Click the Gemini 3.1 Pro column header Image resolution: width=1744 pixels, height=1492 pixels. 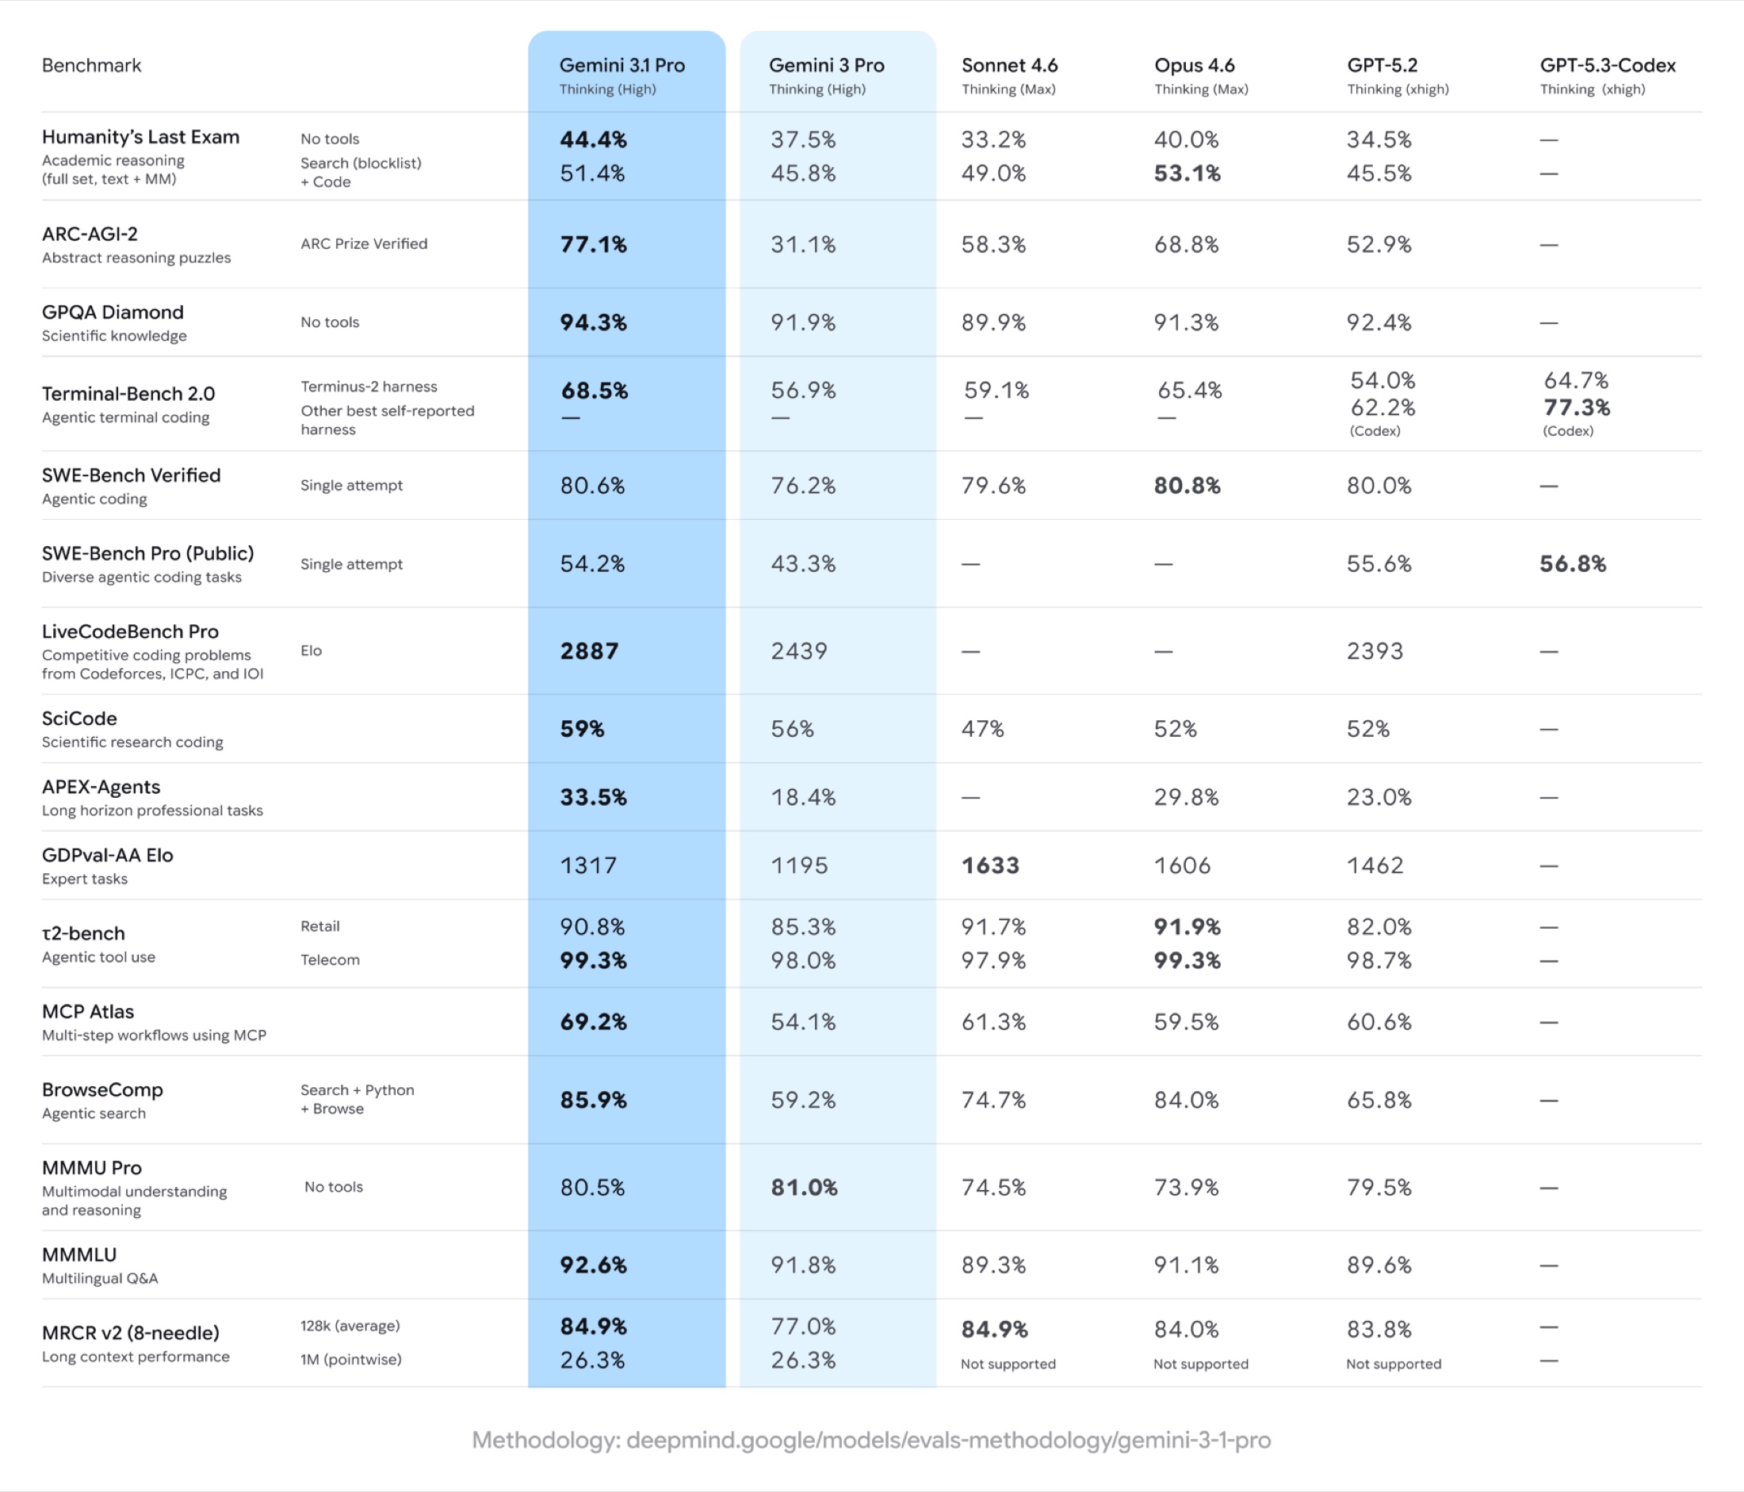click(x=622, y=66)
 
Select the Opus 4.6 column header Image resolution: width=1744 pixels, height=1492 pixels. click(x=1194, y=66)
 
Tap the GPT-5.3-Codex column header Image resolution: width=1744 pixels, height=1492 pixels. click(x=1607, y=66)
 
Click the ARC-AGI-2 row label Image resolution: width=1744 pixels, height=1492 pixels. click(x=90, y=234)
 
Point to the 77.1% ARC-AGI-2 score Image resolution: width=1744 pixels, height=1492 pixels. click(x=594, y=245)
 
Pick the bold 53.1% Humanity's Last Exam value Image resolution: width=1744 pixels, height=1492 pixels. click(x=1187, y=174)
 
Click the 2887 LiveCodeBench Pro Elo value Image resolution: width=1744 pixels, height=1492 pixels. click(x=589, y=651)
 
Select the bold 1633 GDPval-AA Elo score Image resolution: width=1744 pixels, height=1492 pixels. click(x=990, y=865)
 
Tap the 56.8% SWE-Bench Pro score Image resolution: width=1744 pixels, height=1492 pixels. click(x=1572, y=564)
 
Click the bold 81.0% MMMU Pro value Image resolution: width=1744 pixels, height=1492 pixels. click(x=804, y=1188)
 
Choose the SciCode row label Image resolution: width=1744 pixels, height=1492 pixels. click(x=79, y=719)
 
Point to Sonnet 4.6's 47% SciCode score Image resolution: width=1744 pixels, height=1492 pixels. click(x=982, y=729)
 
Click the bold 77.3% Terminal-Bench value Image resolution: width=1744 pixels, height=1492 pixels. click(x=1576, y=407)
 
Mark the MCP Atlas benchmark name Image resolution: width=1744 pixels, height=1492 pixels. click(x=87, y=1012)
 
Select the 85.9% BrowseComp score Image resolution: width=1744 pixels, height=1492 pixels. click(x=594, y=1100)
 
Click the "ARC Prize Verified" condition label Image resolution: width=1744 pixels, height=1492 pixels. click(x=364, y=244)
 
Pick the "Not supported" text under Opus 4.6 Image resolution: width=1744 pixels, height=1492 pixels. click(x=1200, y=1364)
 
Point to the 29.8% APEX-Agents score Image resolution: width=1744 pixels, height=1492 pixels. click(x=1185, y=797)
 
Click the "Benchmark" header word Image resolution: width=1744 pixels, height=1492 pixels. click(x=92, y=66)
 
